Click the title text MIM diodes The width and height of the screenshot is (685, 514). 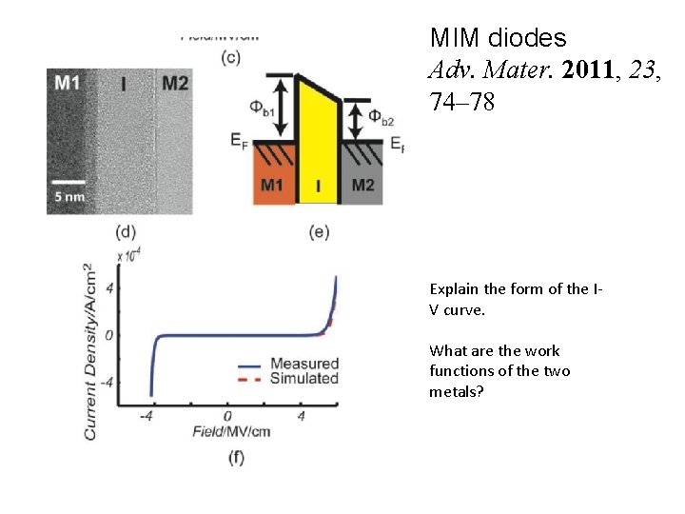pos(498,38)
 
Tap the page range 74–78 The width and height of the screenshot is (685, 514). pos(462,101)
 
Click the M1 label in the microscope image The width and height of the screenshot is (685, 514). pos(67,84)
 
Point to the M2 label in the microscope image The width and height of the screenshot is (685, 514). pos(174,84)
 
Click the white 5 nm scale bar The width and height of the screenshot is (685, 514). pos(69,180)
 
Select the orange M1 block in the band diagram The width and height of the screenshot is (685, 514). pos(273,182)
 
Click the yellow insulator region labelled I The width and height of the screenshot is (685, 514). pos(318,152)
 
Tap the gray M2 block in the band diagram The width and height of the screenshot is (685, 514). pos(362,182)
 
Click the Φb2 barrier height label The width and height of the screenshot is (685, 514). pos(380,119)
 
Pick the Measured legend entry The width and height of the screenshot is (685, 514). pos(303,364)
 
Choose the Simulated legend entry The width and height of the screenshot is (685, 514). pos(303,378)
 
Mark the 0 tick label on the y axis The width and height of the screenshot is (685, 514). pos(110,335)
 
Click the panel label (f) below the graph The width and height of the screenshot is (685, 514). pos(235,459)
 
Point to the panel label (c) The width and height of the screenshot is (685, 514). pos(230,57)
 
